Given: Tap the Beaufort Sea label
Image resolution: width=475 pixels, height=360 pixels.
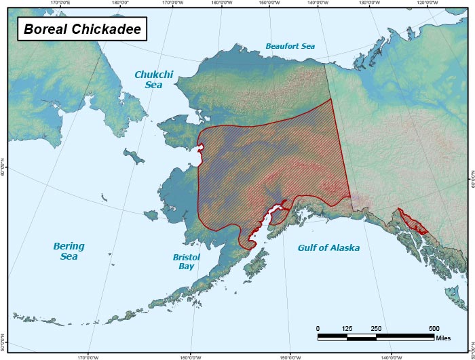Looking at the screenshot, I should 290,47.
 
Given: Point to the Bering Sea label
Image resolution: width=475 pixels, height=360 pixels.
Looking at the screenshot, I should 69,252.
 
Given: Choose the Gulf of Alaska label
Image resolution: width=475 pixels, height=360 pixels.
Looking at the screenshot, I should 328,248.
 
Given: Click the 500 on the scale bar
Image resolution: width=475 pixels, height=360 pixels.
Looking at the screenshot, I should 434,328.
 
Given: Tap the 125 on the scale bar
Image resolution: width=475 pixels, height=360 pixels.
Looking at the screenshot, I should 347,328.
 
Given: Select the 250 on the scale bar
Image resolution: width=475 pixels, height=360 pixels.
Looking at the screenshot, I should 376,328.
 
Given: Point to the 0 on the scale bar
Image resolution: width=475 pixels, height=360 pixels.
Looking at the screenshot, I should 318,328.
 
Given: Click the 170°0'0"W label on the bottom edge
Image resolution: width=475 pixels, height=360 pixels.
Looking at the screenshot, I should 88,357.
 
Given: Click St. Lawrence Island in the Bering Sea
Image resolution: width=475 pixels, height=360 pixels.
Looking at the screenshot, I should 136,157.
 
